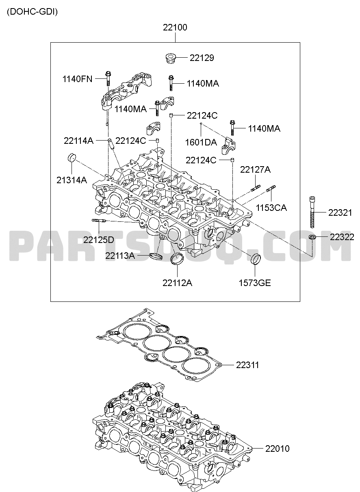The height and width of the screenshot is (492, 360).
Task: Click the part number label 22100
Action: (x=175, y=28)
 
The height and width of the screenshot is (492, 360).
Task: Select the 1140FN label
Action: (x=77, y=79)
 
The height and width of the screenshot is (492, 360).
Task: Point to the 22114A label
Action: (x=79, y=141)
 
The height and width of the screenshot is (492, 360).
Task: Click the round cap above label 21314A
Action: (x=72, y=158)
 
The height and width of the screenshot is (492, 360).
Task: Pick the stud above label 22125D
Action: (x=99, y=220)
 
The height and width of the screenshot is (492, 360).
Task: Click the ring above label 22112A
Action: (x=177, y=259)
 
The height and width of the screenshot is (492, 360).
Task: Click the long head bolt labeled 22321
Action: (x=312, y=212)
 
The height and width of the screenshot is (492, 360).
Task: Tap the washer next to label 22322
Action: (x=312, y=237)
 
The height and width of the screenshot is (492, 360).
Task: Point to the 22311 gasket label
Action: (x=247, y=365)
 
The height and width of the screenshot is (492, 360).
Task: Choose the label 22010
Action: (x=278, y=449)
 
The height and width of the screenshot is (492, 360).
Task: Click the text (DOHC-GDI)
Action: (x=33, y=12)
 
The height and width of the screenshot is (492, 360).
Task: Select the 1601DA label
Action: (x=201, y=143)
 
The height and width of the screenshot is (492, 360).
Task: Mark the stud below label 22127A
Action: (x=256, y=188)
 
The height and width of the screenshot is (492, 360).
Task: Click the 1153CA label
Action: (x=271, y=208)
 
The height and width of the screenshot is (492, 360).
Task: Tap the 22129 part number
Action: (x=202, y=58)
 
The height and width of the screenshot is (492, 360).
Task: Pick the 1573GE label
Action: (x=255, y=283)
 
